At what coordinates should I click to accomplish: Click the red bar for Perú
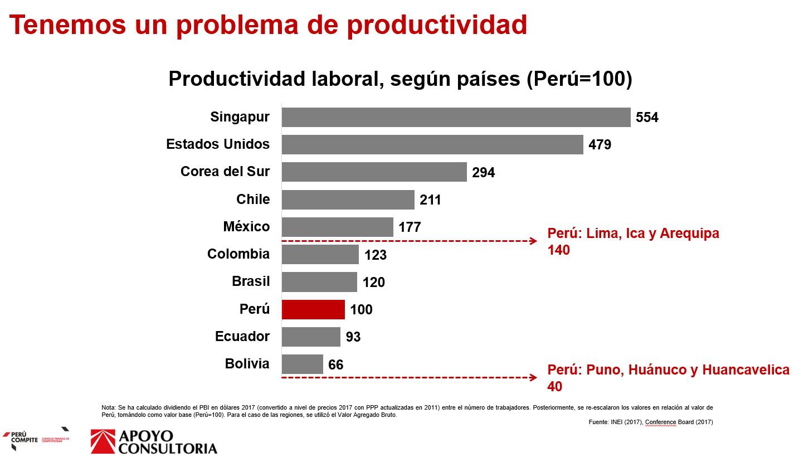[313, 309]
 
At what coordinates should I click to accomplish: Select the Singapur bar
[456, 118]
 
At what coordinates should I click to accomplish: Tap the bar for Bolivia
[302, 364]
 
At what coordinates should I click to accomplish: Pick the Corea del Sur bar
[374, 172]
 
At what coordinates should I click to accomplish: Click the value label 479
[600, 145]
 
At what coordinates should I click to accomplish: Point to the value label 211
[430, 200]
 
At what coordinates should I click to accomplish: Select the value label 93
[353, 337]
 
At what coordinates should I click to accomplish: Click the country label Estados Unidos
[218, 144]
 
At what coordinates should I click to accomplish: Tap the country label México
[246, 227]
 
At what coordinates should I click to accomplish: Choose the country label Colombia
[238, 254]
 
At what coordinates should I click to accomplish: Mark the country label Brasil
[251, 281]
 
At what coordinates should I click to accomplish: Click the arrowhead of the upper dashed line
[533, 241]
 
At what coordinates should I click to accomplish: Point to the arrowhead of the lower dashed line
[533, 377]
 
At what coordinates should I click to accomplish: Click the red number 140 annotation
[559, 250]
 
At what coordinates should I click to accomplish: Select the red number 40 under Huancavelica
[555, 387]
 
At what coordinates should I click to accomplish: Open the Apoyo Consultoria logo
[154, 441]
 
